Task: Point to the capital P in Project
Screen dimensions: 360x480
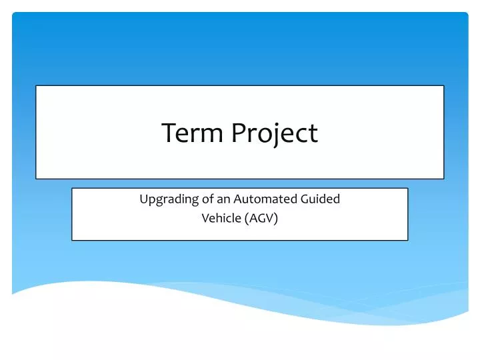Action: point(238,133)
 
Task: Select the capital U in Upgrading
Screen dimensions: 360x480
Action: point(143,199)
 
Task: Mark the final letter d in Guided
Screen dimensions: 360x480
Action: point(337,199)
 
